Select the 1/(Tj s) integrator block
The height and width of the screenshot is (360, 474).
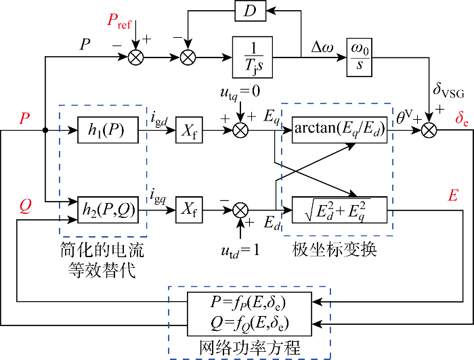(x=252, y=57)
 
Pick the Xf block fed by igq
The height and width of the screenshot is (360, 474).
(x=190, y=211)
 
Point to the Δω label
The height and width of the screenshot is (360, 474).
(x=321, y=45)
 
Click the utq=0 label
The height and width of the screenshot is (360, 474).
(x=240, y=90)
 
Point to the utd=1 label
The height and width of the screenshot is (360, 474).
(x=240, y=252)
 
